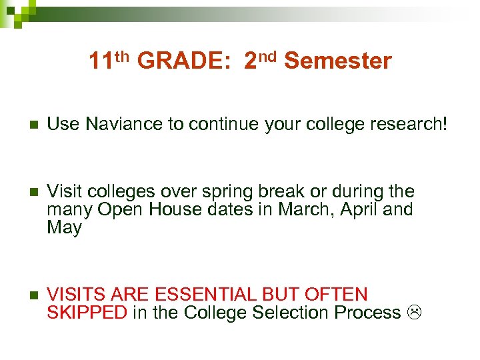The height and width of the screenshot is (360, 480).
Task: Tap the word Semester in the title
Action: [337, 62]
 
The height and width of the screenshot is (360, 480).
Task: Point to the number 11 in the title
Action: [101, 62]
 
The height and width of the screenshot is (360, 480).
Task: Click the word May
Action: [64, 228]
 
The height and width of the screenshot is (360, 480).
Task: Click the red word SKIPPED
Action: [87, 313]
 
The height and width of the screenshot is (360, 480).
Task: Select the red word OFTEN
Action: [337, 295]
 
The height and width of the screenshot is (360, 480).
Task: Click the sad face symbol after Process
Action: [415, 313]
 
